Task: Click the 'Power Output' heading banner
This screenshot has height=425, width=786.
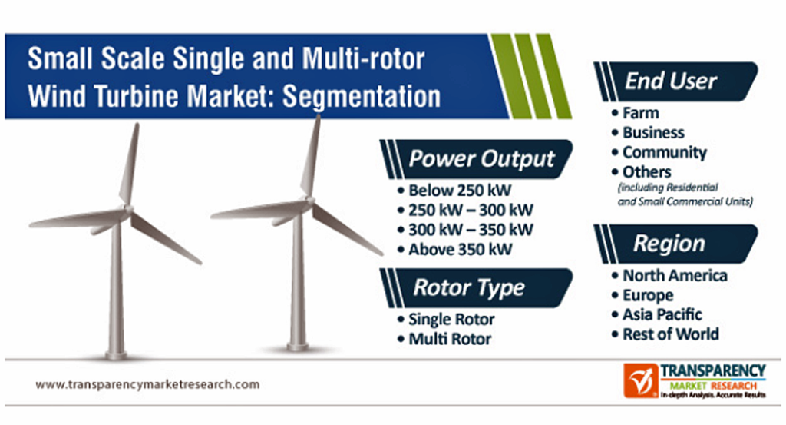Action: pyautogui.click(x=477, y=159)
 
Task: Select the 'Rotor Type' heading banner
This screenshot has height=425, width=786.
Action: pyautogui.click(x=477, y=288)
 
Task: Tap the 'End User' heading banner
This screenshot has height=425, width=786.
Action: pyautogui.click(x=675, y=81)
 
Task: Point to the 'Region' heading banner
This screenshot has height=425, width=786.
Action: pyautogui.click(x=675, y=244)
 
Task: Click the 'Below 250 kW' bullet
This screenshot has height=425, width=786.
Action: pyautogui.click(x=454, y=191)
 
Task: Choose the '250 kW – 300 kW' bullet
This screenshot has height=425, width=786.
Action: pyautogui.click(x=465, y=211)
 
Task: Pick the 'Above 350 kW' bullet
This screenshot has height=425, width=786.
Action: pyautogui.click(x=455, y=249)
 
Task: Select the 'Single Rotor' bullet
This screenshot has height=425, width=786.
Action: pyautogui.click(x=446, y=319)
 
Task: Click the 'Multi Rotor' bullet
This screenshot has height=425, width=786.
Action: pyautogui.click(x=444, y=339)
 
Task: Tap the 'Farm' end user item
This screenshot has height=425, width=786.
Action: pyautogui.click(x=636, y=113)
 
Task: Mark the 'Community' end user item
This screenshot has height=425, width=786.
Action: pyautogui.click(x=659, y=152)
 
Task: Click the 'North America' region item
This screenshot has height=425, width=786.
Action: pyautogui.click(x=669, y=275)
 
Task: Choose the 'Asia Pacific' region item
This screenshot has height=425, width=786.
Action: pyautogui.click(x=657, y=314)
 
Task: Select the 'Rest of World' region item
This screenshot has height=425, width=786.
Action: pyautogui.click(x=665, y=334)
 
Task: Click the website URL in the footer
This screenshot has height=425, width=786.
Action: pyautogui.click(x=147, y=385)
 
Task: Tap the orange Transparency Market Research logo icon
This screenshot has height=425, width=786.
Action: pyautogui.click(x=640, y=381)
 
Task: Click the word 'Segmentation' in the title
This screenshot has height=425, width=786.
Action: pyautogui.click(x=362, y=96)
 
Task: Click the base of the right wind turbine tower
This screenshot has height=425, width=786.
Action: pyautogui.click(x=297, y=346)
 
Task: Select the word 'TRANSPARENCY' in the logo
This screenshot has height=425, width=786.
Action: pyautogui.click(x=713, y=370)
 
